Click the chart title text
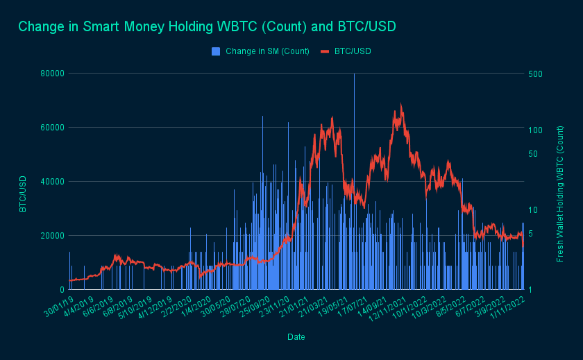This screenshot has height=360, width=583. (207, 26)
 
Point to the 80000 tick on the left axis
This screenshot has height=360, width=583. (51, 73)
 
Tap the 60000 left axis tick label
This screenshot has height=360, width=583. (51, 127)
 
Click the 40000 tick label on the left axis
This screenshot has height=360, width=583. (51, 181)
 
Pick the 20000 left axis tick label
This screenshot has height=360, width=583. (51, 235)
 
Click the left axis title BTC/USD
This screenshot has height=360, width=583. (23, 194)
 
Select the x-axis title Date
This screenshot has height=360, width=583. (296, 336)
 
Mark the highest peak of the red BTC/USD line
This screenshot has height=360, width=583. (401, 105)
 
